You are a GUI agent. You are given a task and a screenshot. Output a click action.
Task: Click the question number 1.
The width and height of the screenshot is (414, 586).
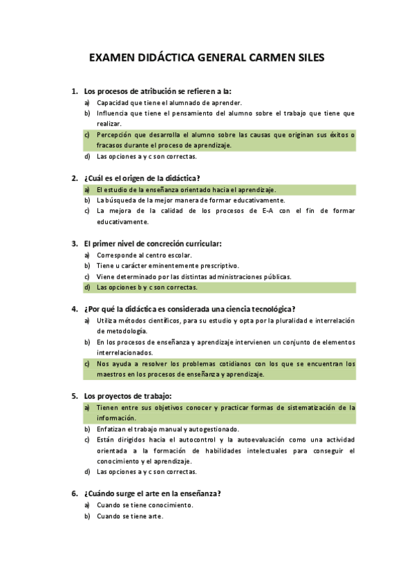click(74, 91)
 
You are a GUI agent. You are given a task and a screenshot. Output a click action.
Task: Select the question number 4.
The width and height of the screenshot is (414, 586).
click(74, 309)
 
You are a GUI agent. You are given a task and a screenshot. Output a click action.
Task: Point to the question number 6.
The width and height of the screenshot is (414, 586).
click(74, 493)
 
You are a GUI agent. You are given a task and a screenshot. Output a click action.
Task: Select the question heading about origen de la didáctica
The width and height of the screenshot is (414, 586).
click(142, 178)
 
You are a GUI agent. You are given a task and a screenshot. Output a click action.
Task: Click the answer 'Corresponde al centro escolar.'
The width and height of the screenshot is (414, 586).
click(144, 255)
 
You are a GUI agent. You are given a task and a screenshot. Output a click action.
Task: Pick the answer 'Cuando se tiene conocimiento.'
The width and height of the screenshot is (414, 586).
click(144, 505)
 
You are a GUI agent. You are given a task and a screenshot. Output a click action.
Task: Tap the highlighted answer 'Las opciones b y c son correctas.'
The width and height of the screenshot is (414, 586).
click(147, 287)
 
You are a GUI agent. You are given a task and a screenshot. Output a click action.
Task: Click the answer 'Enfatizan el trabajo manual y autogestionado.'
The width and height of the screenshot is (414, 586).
click(168, 429)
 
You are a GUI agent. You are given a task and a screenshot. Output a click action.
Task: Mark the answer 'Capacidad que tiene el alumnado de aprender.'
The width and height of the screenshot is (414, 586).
click(169, 102)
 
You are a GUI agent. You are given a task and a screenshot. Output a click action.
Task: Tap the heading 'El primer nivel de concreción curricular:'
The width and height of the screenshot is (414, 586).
click(153, 243)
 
